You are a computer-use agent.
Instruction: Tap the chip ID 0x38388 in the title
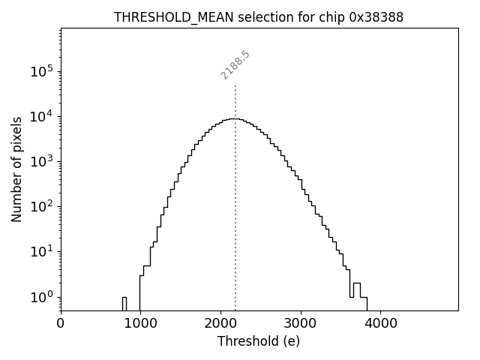[376, 17]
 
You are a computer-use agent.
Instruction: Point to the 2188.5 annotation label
[235, 65]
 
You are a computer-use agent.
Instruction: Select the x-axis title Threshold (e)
[259, 341]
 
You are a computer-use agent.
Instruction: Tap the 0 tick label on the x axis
[61, 324]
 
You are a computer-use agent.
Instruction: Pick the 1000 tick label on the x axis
[140, 324]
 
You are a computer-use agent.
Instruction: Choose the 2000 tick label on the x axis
[220, 324]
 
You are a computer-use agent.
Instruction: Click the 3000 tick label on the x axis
[300, 324]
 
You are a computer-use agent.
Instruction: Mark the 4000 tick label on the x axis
[380, 324]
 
